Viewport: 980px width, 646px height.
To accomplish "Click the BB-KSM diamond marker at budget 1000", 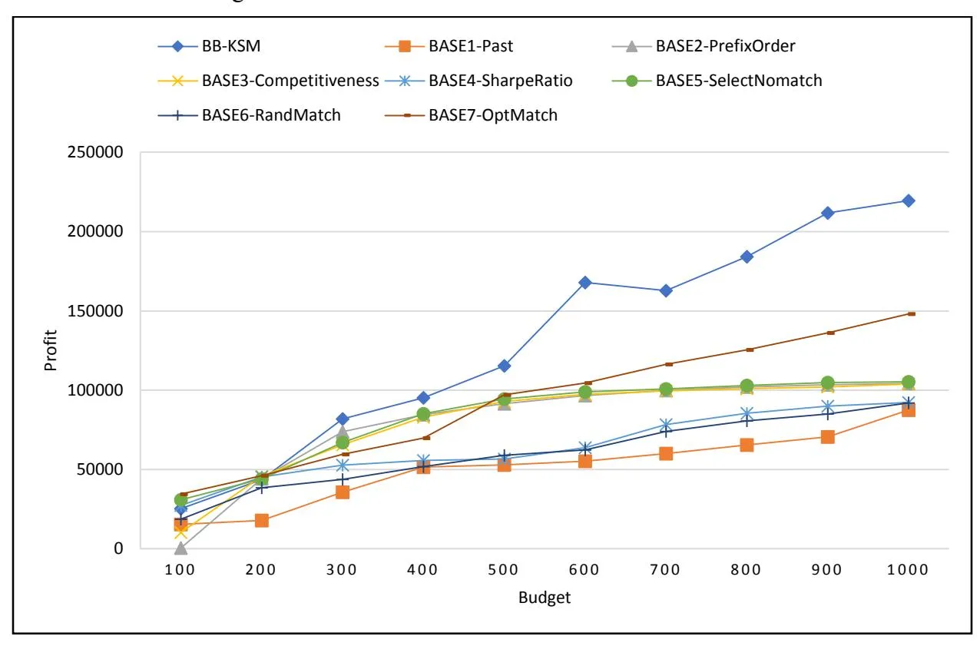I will point(908,200).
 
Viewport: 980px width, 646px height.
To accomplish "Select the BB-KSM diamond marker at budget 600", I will point(585,283).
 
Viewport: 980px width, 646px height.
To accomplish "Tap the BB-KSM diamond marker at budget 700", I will point(666,290).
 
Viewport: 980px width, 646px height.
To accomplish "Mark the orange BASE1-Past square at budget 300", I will point(343,492).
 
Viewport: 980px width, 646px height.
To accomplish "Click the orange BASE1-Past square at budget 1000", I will point(908,410).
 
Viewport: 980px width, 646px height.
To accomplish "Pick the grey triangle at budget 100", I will point(180,548).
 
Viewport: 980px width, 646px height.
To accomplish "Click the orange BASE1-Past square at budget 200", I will point(262,521).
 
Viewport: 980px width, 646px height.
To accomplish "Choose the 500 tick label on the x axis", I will point(503,570).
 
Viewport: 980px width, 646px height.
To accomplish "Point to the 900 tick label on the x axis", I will point(826,570).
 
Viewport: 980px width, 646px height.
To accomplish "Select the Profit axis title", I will point(51,350).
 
